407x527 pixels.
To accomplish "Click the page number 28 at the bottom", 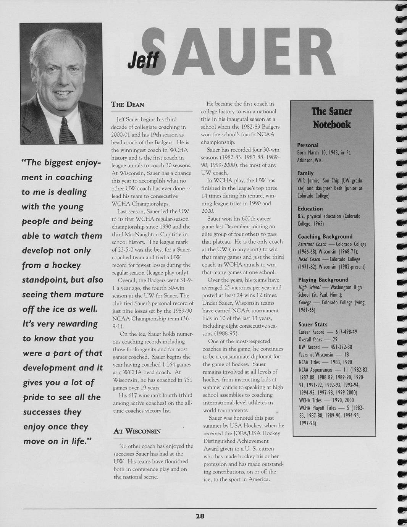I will pyautogui.click(x=200, y=516).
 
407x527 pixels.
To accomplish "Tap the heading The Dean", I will pyautogui.click(x=128, y=104).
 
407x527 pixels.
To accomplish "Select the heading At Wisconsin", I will pyautogui.click(x=137, y=432).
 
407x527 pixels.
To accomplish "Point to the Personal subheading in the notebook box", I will pyautogui.click(x=308, y=145).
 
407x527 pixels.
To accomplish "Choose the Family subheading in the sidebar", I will pyautogui.click(x=305, y=173).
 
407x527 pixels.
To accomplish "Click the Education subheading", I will pyautogui.click(x=310, y=209).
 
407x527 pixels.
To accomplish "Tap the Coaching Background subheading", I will pyautogui.click(x=325, y=237).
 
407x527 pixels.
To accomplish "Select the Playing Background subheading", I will pyautogui.click(x=323, y=280).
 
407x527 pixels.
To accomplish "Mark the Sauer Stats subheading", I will pyautogui.click(x=313, y=325).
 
